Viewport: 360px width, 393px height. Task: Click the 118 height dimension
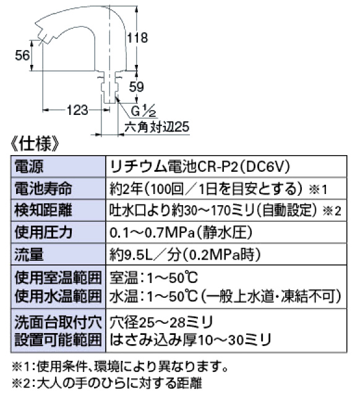(137, 38)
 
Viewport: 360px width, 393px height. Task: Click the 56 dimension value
(22, 55)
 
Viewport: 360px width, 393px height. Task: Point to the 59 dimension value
(137, 87)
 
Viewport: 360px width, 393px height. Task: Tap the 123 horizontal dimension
(77, 110)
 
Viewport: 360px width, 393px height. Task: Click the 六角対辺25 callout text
(156, 127)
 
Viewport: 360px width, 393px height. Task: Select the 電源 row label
(29, 166)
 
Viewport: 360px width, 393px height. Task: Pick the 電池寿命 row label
(43, 188)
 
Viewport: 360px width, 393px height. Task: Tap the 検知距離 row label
(43, 210)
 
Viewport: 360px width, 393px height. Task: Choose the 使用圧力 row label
(43, 232)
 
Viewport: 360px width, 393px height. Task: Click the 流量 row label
(29, 254)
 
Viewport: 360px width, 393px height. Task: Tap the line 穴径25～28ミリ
(161, 323)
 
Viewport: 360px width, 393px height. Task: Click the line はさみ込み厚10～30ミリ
(191, 340)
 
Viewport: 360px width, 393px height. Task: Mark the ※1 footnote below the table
(120, 367)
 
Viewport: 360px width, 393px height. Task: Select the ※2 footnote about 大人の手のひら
(107, 383)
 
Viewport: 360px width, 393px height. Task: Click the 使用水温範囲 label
(58, 296)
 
